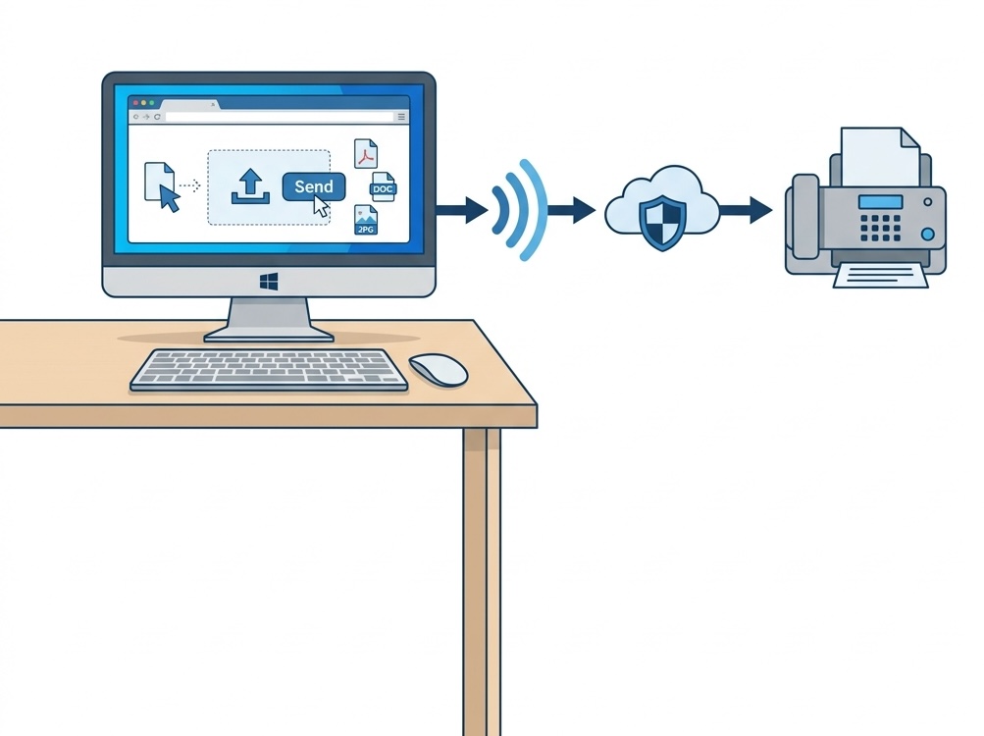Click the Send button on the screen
pos(314,186)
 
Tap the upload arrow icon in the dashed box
pos(250,186)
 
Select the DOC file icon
pos(383,187)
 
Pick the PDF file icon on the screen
pos(366,154)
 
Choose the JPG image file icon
pos(366,220)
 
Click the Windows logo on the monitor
pos(269,282)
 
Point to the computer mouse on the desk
pos(438,369)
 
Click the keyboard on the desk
pos(269,371)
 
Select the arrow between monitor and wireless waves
pos(462,210)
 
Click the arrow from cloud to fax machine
pos(746,210)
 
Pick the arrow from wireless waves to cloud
pos(572,210)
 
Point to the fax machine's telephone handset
pos(805,217)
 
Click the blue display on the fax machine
pos(880,201)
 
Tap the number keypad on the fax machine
pos(880,228)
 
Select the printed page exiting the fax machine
pos(880,276)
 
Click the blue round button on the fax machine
pos(927,235)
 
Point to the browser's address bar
pos(280,117)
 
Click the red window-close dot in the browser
pos(136,102)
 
